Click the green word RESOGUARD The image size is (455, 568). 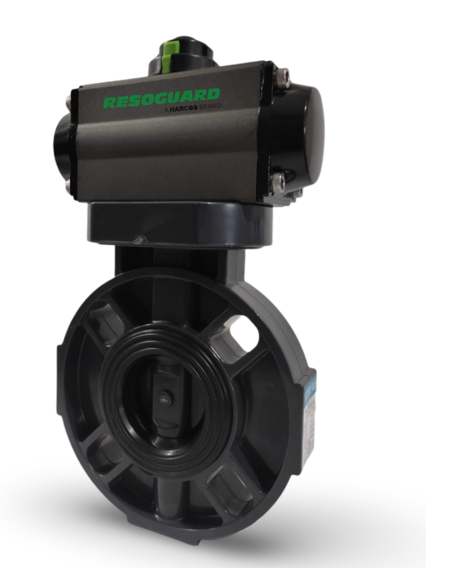[x=161, y=99]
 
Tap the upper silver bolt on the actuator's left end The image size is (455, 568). [x=68, y=101]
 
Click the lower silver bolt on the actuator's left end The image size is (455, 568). [x=69, y=186]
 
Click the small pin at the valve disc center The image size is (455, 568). [x=163, y=396]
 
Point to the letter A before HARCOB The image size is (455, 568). [x=166, y=109]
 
